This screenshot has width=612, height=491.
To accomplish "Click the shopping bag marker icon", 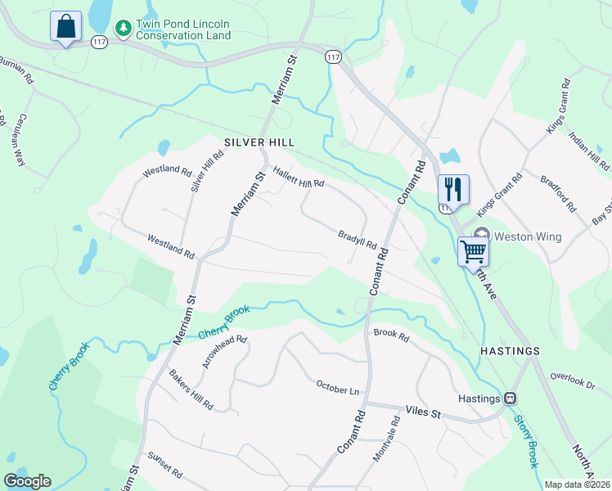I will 65,26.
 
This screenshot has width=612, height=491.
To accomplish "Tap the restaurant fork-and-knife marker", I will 452,190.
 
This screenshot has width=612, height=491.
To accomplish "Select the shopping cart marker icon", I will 473,251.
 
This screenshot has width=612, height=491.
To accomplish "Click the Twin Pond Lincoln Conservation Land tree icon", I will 124,29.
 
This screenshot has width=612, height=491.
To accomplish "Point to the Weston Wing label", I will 528,236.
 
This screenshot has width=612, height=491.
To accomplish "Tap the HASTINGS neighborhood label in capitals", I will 510,350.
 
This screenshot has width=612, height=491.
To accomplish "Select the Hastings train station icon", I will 510,399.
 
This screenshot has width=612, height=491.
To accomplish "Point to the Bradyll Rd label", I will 357,239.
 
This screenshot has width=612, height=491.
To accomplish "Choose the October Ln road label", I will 338,388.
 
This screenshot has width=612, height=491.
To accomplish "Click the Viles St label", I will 423,414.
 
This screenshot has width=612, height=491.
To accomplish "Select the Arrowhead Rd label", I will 224,352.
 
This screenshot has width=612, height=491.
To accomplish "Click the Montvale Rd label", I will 386,439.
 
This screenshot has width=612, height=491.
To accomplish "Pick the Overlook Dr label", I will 572,381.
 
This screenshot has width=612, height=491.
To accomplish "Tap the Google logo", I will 27,481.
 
